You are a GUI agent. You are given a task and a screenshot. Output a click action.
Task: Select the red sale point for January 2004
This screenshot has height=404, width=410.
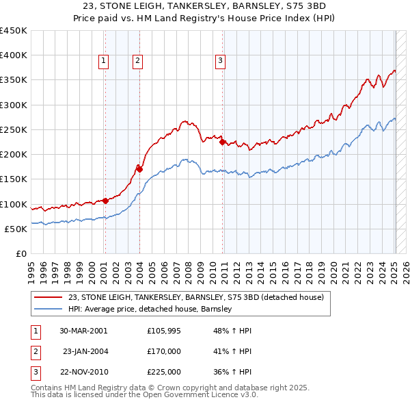coord(139,168)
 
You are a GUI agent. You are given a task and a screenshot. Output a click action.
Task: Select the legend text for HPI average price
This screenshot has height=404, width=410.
coord(150,309)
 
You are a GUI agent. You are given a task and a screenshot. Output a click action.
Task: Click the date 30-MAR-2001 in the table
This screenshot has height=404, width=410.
coord(83,331)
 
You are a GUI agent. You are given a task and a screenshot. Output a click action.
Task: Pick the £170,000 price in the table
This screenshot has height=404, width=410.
coord(163,351)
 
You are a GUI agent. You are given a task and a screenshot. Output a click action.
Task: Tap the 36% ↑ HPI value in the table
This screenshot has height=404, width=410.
coord(232,372)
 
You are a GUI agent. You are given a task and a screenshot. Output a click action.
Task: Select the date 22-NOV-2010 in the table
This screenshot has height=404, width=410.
coord(83,372)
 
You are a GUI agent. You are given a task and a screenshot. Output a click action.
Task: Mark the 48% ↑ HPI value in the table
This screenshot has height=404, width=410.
coord(232,331)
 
